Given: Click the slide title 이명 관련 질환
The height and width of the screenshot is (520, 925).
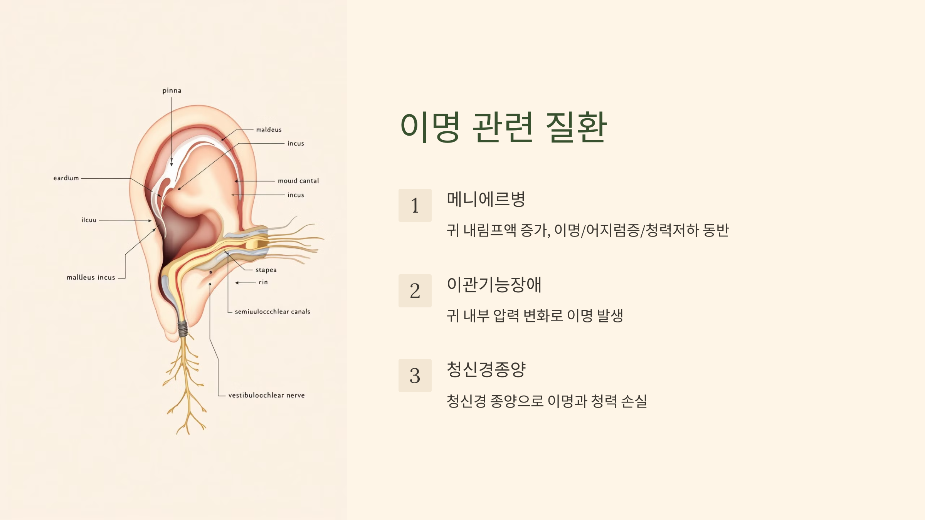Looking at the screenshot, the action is [x=503, y=127].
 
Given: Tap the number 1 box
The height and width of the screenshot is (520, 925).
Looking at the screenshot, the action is [x=415, y=205].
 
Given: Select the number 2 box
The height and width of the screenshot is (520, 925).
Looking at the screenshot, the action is [x=415, y=291].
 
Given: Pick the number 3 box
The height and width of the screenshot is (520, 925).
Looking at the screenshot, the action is [x=415, y=376].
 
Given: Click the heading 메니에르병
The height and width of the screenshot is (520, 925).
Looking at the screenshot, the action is [x=486, y=199].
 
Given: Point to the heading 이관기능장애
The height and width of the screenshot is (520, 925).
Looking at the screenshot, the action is [x=494, y=285].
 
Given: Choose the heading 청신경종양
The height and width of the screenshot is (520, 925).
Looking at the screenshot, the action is [x=486, y=369].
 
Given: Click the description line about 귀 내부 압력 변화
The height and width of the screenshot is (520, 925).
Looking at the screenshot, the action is [x=535, y=316].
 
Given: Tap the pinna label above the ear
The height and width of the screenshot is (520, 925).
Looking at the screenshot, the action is [x=172, y=91].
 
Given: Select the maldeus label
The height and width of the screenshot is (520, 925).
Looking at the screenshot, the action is [x=269, y=130].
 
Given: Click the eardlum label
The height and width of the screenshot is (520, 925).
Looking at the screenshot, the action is [x=66, y=178].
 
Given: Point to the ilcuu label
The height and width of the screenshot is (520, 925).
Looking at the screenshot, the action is [x=89, y=220].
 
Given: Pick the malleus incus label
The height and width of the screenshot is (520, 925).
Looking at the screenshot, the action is [x=91, y=277].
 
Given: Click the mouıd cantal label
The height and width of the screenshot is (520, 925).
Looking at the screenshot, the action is [x=298, y=181].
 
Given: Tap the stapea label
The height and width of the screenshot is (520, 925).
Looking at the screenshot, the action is [x=266, y=270].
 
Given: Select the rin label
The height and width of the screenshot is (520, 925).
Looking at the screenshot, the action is [x=263, y=282].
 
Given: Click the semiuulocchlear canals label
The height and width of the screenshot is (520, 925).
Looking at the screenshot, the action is [x=272, y=312].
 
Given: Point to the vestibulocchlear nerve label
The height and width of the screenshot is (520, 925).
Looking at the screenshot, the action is [x=266, y=395].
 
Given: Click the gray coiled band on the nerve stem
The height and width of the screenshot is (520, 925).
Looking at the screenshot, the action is [x=183, y=329].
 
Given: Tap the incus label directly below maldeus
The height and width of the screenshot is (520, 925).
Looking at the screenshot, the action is [x=296, y=144].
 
